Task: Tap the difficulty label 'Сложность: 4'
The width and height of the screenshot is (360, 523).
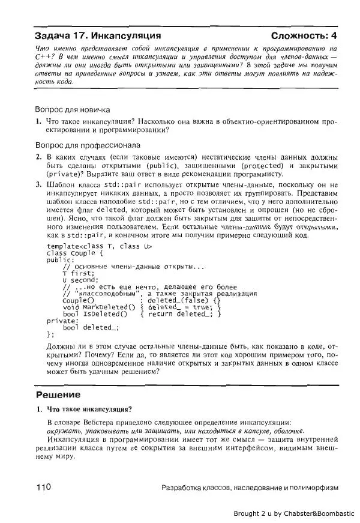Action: (x=304, y=35)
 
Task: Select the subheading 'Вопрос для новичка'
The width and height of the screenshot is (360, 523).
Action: (x=73, y=110)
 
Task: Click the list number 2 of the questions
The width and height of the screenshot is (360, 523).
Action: (x=38, y=157)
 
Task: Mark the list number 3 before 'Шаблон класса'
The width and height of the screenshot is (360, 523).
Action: (x=38, y=185)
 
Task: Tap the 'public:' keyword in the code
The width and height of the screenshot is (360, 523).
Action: (x=61, y=260)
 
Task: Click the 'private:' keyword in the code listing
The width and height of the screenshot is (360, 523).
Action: (x=62, y=321)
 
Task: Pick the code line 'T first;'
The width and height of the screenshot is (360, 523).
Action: (x=79, y=273)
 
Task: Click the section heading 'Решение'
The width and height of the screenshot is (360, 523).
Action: (x=58, y=395)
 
